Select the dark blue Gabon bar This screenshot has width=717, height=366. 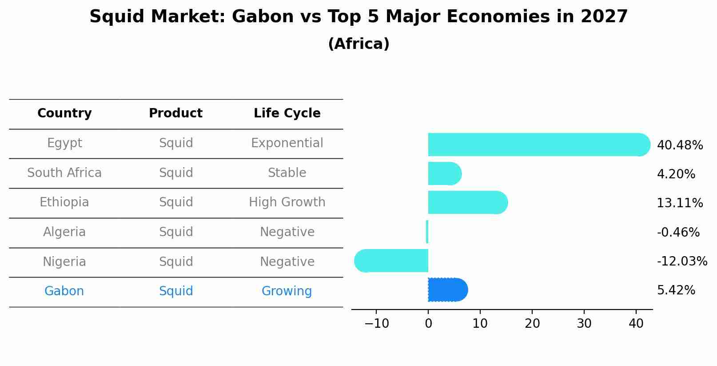(447, 290)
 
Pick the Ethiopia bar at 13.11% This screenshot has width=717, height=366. (466, 202)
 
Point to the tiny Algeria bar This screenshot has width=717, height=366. (427, 232)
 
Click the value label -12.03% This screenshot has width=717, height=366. (681, 261)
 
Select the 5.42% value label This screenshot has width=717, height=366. (676, 290)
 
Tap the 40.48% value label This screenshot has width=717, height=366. (679, 145)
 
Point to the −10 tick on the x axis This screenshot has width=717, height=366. (377, 324)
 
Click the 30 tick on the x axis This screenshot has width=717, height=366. (584, 324)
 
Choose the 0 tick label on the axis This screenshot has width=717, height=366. (428, 324)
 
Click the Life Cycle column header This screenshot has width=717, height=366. (287, 113)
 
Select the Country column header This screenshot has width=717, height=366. (64, 113)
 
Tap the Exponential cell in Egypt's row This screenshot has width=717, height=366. (287, 143)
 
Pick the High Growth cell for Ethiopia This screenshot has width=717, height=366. (287, 202)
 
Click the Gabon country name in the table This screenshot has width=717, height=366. (64, 291)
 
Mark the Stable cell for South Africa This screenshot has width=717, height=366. (287, 173)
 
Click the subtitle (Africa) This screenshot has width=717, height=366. (358, 44)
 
